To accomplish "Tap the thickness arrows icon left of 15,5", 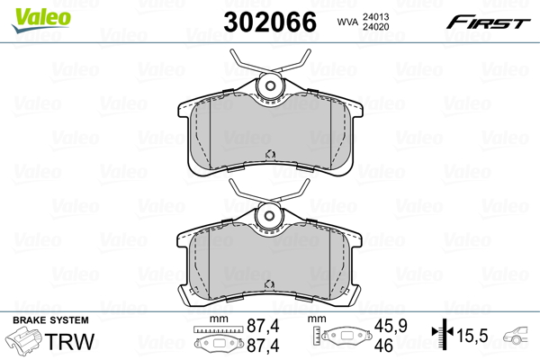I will click(x=441, y=336).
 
